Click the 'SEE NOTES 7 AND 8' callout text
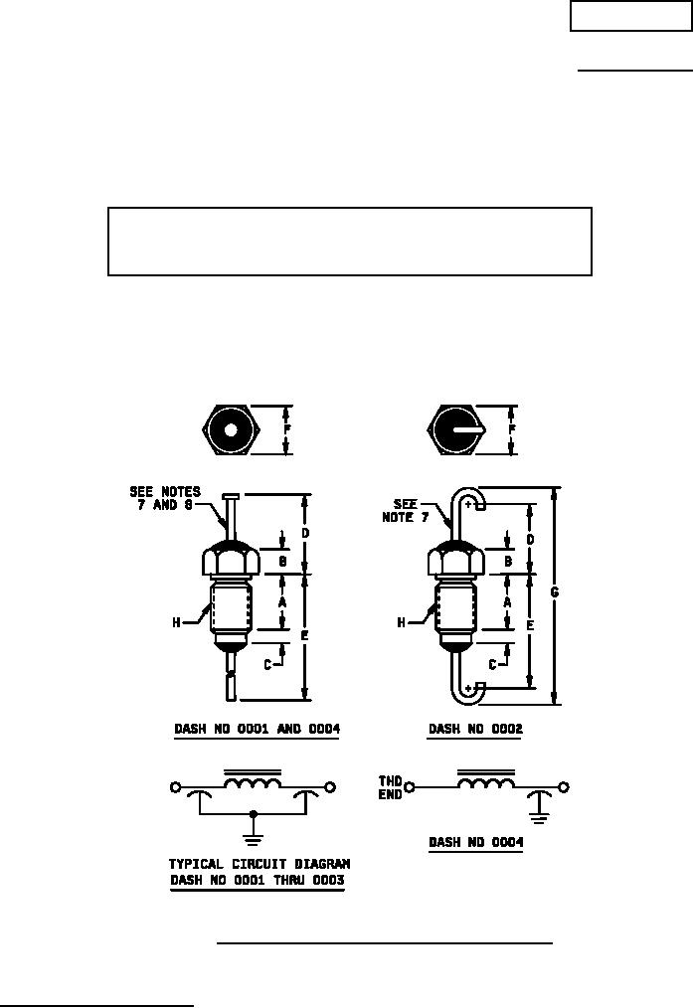[x=165, y=498]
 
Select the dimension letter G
[x=555, y=592]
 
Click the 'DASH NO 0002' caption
[x=475, y=729]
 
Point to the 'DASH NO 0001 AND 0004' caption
[x=258, y=729]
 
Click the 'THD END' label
[x=390, y=787]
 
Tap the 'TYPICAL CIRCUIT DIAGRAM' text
[x=260, y=864]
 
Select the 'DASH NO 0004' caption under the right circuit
[x=475, y=842]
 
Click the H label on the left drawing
[x=176, y=622]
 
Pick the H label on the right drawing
[x=401, y=622]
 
